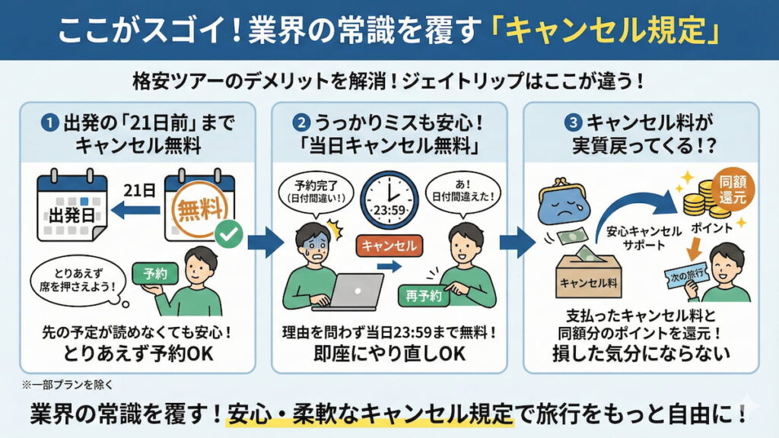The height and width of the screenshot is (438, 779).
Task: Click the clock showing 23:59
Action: pyautogui.click(x=389, y=199)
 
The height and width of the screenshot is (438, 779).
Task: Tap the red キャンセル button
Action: pyautogui.click(x=389, y=245)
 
